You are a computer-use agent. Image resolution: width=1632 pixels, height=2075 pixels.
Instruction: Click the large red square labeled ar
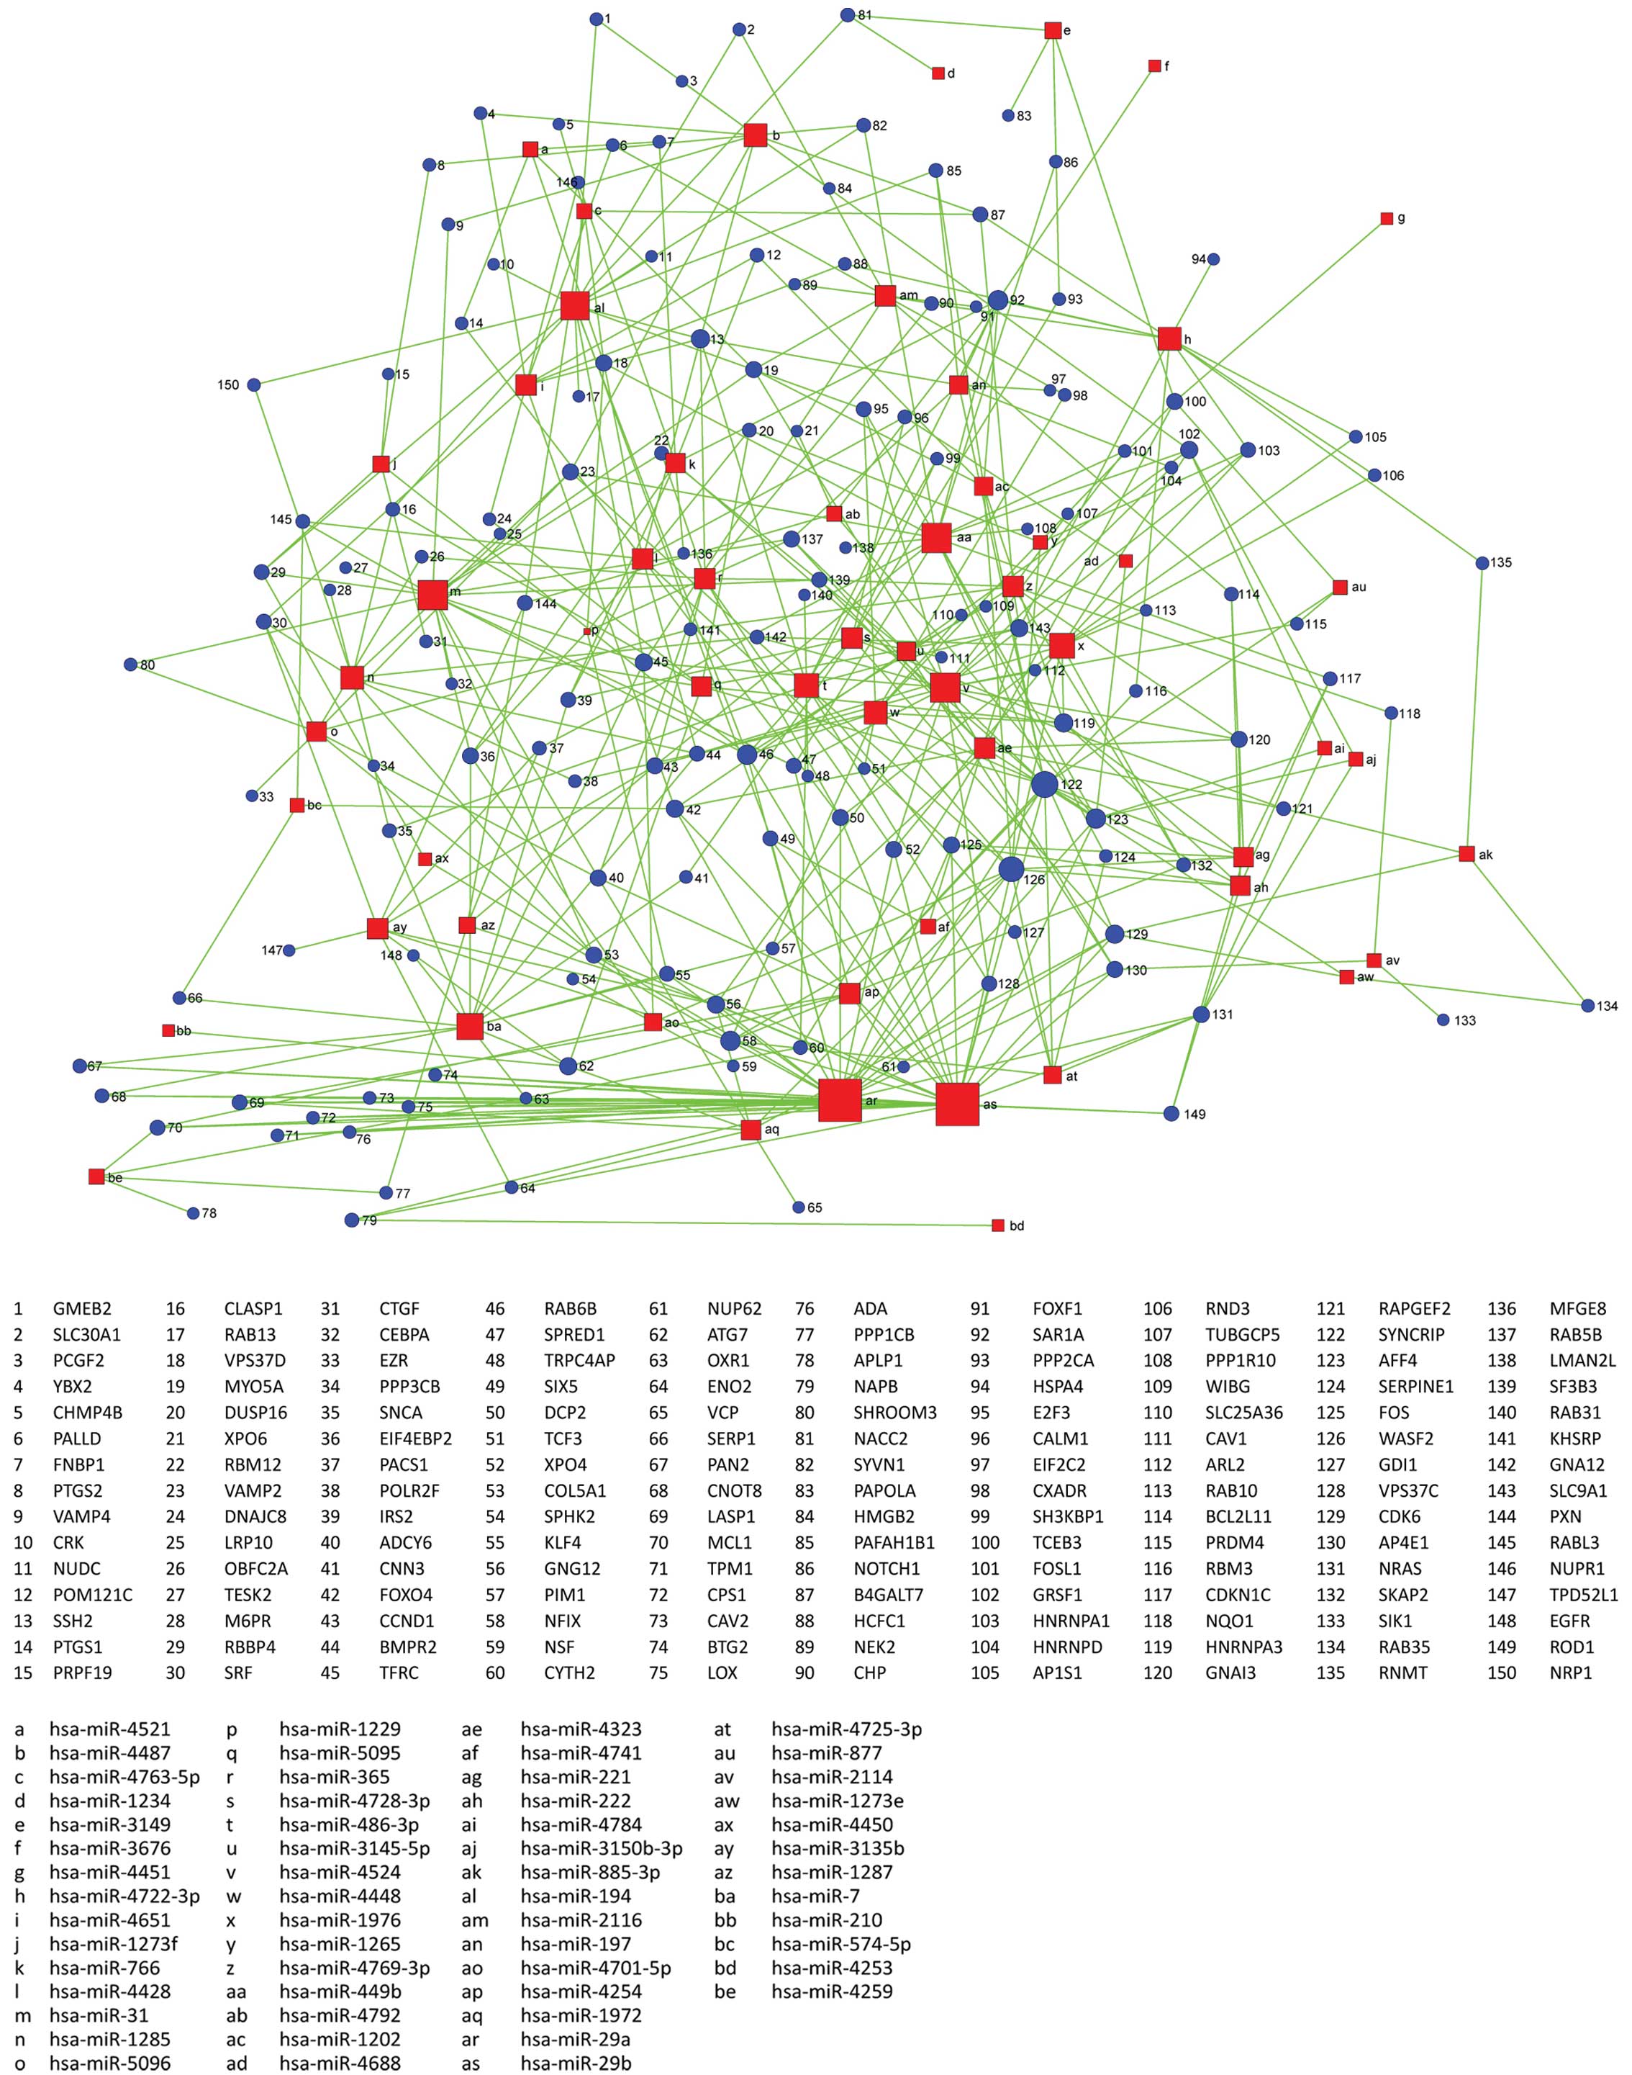tap(840, 1099)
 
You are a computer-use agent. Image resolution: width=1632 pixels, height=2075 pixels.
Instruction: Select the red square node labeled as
tap(958, 1105)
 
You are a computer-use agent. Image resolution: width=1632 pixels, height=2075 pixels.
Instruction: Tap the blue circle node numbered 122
tap(1044, 784)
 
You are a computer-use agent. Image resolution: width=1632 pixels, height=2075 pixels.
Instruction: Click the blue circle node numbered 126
tap(1011, 870)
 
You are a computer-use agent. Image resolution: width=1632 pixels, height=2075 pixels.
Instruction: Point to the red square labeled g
tap(1387, 219)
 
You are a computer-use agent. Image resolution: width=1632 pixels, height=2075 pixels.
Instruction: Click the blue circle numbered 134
tap(1587, 1006)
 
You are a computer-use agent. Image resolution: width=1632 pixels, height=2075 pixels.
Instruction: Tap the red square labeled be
tap(96, 1176)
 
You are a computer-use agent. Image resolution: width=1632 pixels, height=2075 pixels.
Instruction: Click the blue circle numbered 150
tap(253, 385)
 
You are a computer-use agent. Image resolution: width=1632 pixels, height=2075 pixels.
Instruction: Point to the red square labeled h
tap(1169, 338)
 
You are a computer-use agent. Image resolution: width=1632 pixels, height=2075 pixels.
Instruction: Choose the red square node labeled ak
tap(1466, 853)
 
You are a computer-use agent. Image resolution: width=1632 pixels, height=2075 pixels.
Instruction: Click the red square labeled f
tap(1154, 66)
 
